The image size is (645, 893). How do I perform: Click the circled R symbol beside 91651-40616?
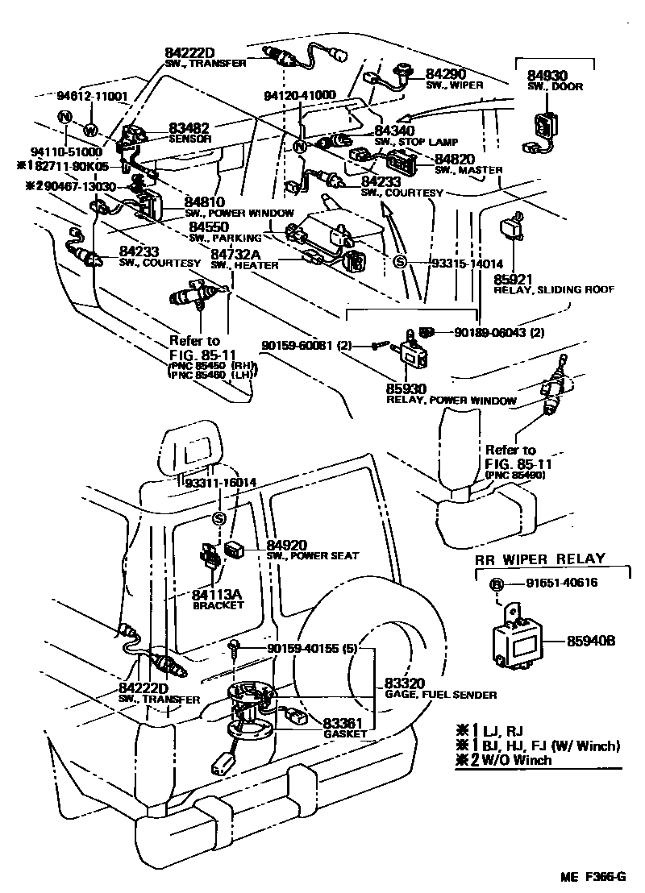497,584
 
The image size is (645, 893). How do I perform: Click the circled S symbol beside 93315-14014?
397,264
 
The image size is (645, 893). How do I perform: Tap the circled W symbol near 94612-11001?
89,131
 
